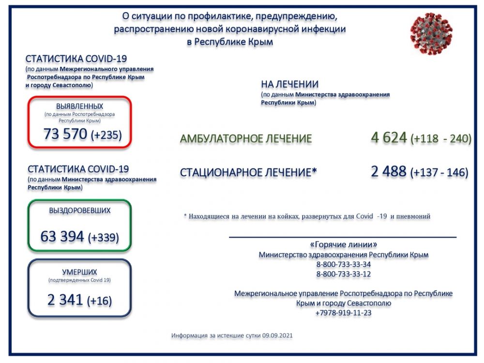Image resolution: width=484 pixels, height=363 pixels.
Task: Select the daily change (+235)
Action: tap(106, 135)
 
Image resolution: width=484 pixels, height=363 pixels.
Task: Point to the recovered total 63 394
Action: tap(62, 237)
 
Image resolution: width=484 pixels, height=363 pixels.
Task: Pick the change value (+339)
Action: tap(103, 238)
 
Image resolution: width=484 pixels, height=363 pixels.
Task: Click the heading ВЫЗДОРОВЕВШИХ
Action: tap(80, 211)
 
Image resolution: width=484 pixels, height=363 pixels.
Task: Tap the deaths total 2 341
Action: tap(65, 300)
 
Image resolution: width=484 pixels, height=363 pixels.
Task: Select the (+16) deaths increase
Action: tap(99, 301)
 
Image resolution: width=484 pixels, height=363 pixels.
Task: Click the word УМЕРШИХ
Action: tap(80, 272)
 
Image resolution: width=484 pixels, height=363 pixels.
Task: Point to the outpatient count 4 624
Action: tap(389, 138)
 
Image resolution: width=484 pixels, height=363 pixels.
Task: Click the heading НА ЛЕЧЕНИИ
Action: tap(290, 84)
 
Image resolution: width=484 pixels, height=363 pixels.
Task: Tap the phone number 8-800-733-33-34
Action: tap(344, 264)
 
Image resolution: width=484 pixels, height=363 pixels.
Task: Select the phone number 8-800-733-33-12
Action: tap(344, 274)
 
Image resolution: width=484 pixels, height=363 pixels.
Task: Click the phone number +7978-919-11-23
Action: tap(344, 313)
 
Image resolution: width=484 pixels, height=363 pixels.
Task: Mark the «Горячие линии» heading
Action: tap(343, 244)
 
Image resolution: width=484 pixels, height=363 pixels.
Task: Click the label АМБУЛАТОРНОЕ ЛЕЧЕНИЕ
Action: tap(246, 139)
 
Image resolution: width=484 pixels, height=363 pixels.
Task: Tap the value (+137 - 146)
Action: tap(439, 172)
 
